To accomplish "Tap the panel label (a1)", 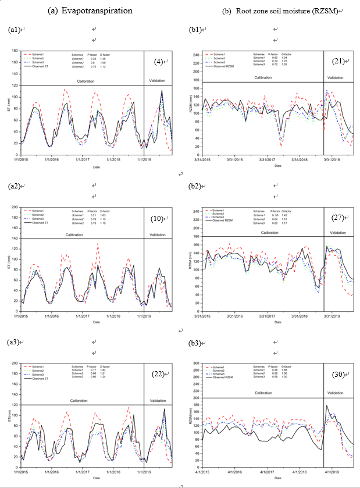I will (x=15, y=29).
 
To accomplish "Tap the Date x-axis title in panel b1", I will (x=279, y=165).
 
